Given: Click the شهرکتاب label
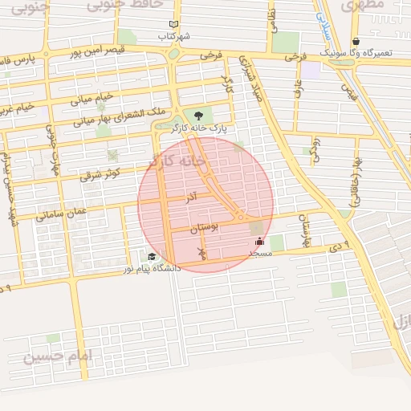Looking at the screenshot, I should (x=173, y=36).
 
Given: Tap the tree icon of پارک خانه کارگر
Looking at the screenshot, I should (x=198, y=116).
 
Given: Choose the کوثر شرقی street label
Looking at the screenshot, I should (x=100, y=173).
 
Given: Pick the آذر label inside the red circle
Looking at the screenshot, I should (x=191, y=197).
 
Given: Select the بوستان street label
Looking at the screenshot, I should (x=204, y=229).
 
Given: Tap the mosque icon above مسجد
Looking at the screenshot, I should (x=258, y=241).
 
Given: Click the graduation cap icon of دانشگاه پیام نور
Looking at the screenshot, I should (x=152, y=257).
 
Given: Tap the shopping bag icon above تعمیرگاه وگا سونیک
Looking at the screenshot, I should (x=356, y=41).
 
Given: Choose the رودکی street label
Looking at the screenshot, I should (x=315, y=149).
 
